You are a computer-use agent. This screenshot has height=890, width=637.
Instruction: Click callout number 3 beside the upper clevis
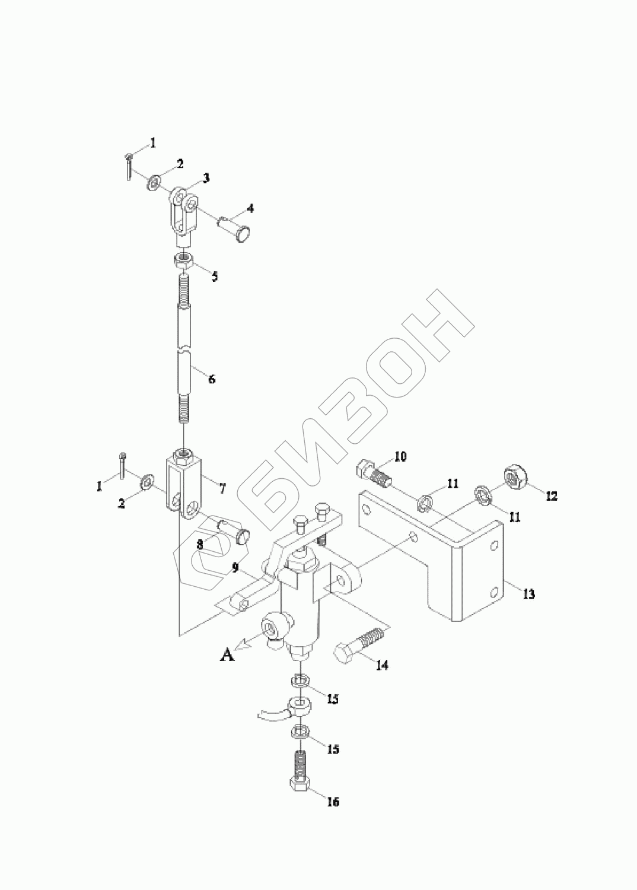(206, 177)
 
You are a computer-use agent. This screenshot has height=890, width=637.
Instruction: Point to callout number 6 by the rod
(212, 379)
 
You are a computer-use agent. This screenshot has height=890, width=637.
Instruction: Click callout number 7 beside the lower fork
(222, 488)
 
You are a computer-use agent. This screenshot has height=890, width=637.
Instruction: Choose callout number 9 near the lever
(235, 568)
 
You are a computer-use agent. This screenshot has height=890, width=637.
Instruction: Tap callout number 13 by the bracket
(529, 593)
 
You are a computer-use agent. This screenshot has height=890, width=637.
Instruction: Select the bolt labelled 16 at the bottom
(299, 773)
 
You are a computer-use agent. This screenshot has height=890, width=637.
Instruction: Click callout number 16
(333, 802)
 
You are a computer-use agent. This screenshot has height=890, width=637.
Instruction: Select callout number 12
(552, 496)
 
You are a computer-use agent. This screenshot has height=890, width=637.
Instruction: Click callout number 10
(400, 456)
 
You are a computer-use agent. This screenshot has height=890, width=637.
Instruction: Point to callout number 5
(215, 276)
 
